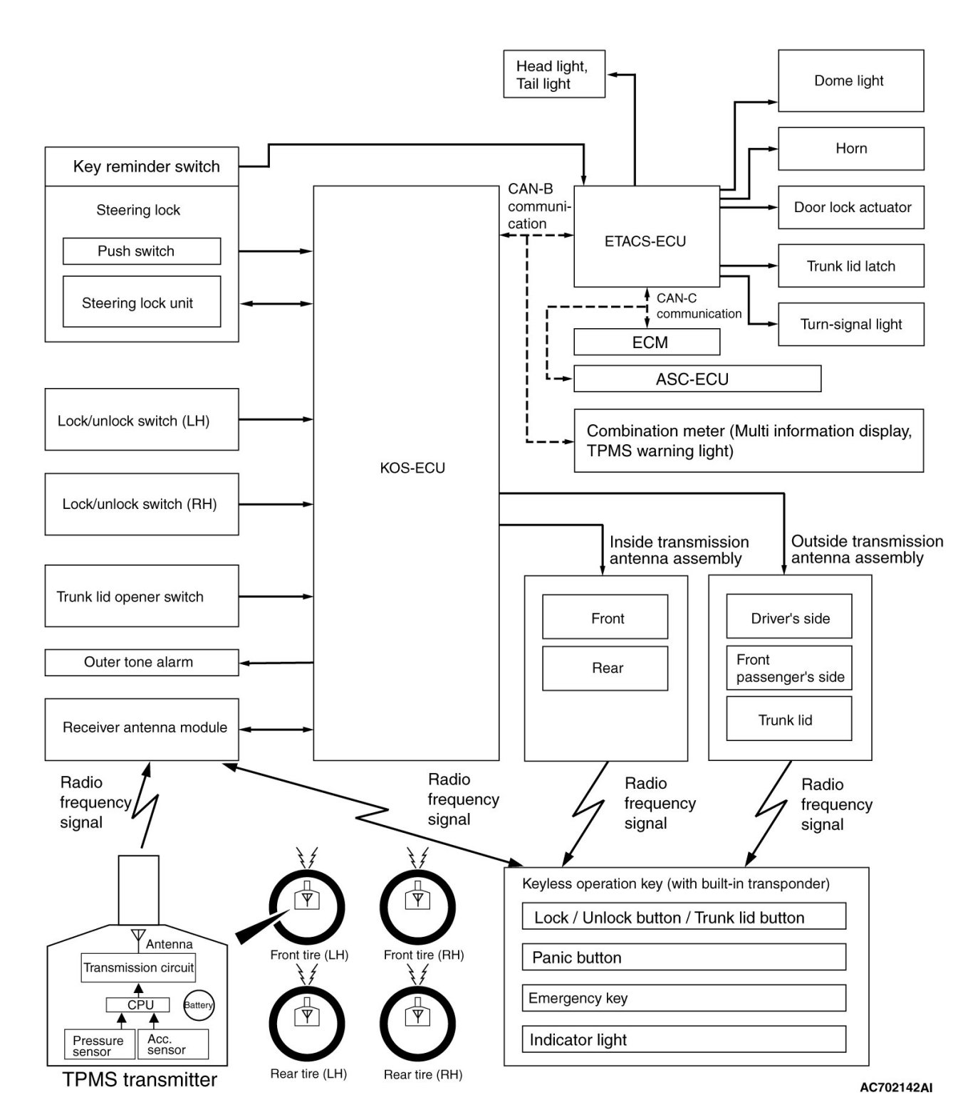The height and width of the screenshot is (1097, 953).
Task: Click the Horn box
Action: point(850,149)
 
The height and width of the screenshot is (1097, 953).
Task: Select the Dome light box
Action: point(850,80)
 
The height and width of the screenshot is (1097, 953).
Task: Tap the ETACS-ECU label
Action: point(645,241)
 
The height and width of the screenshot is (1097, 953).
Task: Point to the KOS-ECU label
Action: point(412,468)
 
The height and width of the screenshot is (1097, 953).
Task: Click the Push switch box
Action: point(141,251)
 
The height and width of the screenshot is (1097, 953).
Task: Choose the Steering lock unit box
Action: point(141,303)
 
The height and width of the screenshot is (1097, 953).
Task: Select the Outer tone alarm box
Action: point(141,662)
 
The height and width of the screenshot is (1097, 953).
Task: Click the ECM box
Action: point(647,342)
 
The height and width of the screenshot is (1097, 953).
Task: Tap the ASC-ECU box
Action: point(697,379)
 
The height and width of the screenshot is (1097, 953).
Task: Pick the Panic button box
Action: point(683,957)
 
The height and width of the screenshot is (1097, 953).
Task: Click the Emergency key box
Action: point(683,998)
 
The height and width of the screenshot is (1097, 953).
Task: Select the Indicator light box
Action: point(683,1039)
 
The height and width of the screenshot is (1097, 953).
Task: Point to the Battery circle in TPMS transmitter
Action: point(198,1005)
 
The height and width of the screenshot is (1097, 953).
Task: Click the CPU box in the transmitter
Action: point(138,1004)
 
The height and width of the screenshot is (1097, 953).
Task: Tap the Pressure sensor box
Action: point(99,1044)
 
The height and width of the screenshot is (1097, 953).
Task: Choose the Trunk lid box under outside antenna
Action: point(788,719)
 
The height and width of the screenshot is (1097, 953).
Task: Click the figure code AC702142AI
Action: point(895,1086)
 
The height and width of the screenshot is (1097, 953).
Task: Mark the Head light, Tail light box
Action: point(553,74)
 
